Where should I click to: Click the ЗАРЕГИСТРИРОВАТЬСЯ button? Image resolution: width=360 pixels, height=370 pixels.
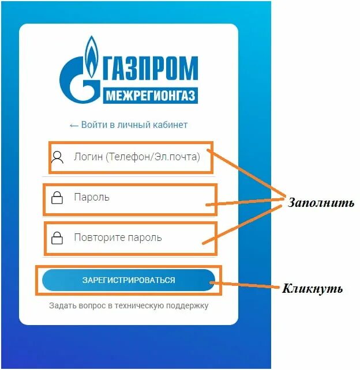click(129, 280)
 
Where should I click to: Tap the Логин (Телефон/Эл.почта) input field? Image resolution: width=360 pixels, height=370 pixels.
click(136, 157)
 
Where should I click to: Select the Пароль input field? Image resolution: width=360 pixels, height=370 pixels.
click(130, 198)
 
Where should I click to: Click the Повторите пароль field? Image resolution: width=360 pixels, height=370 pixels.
click(130, 237)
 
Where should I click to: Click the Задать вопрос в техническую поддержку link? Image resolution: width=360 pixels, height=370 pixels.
click(129, 305)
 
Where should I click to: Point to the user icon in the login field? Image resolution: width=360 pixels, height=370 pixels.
click(57, 157)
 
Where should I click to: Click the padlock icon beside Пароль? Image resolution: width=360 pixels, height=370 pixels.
click(57, 198)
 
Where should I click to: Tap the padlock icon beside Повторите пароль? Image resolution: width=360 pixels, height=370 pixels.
click(57, 237)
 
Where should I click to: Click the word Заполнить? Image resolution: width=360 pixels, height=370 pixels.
click(321, 203)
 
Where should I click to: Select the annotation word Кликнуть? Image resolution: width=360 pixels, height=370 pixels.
click(312, 288)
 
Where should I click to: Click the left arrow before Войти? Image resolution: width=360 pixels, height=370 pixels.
click(73, 125)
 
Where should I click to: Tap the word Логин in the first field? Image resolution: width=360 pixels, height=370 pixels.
click(88, 157)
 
